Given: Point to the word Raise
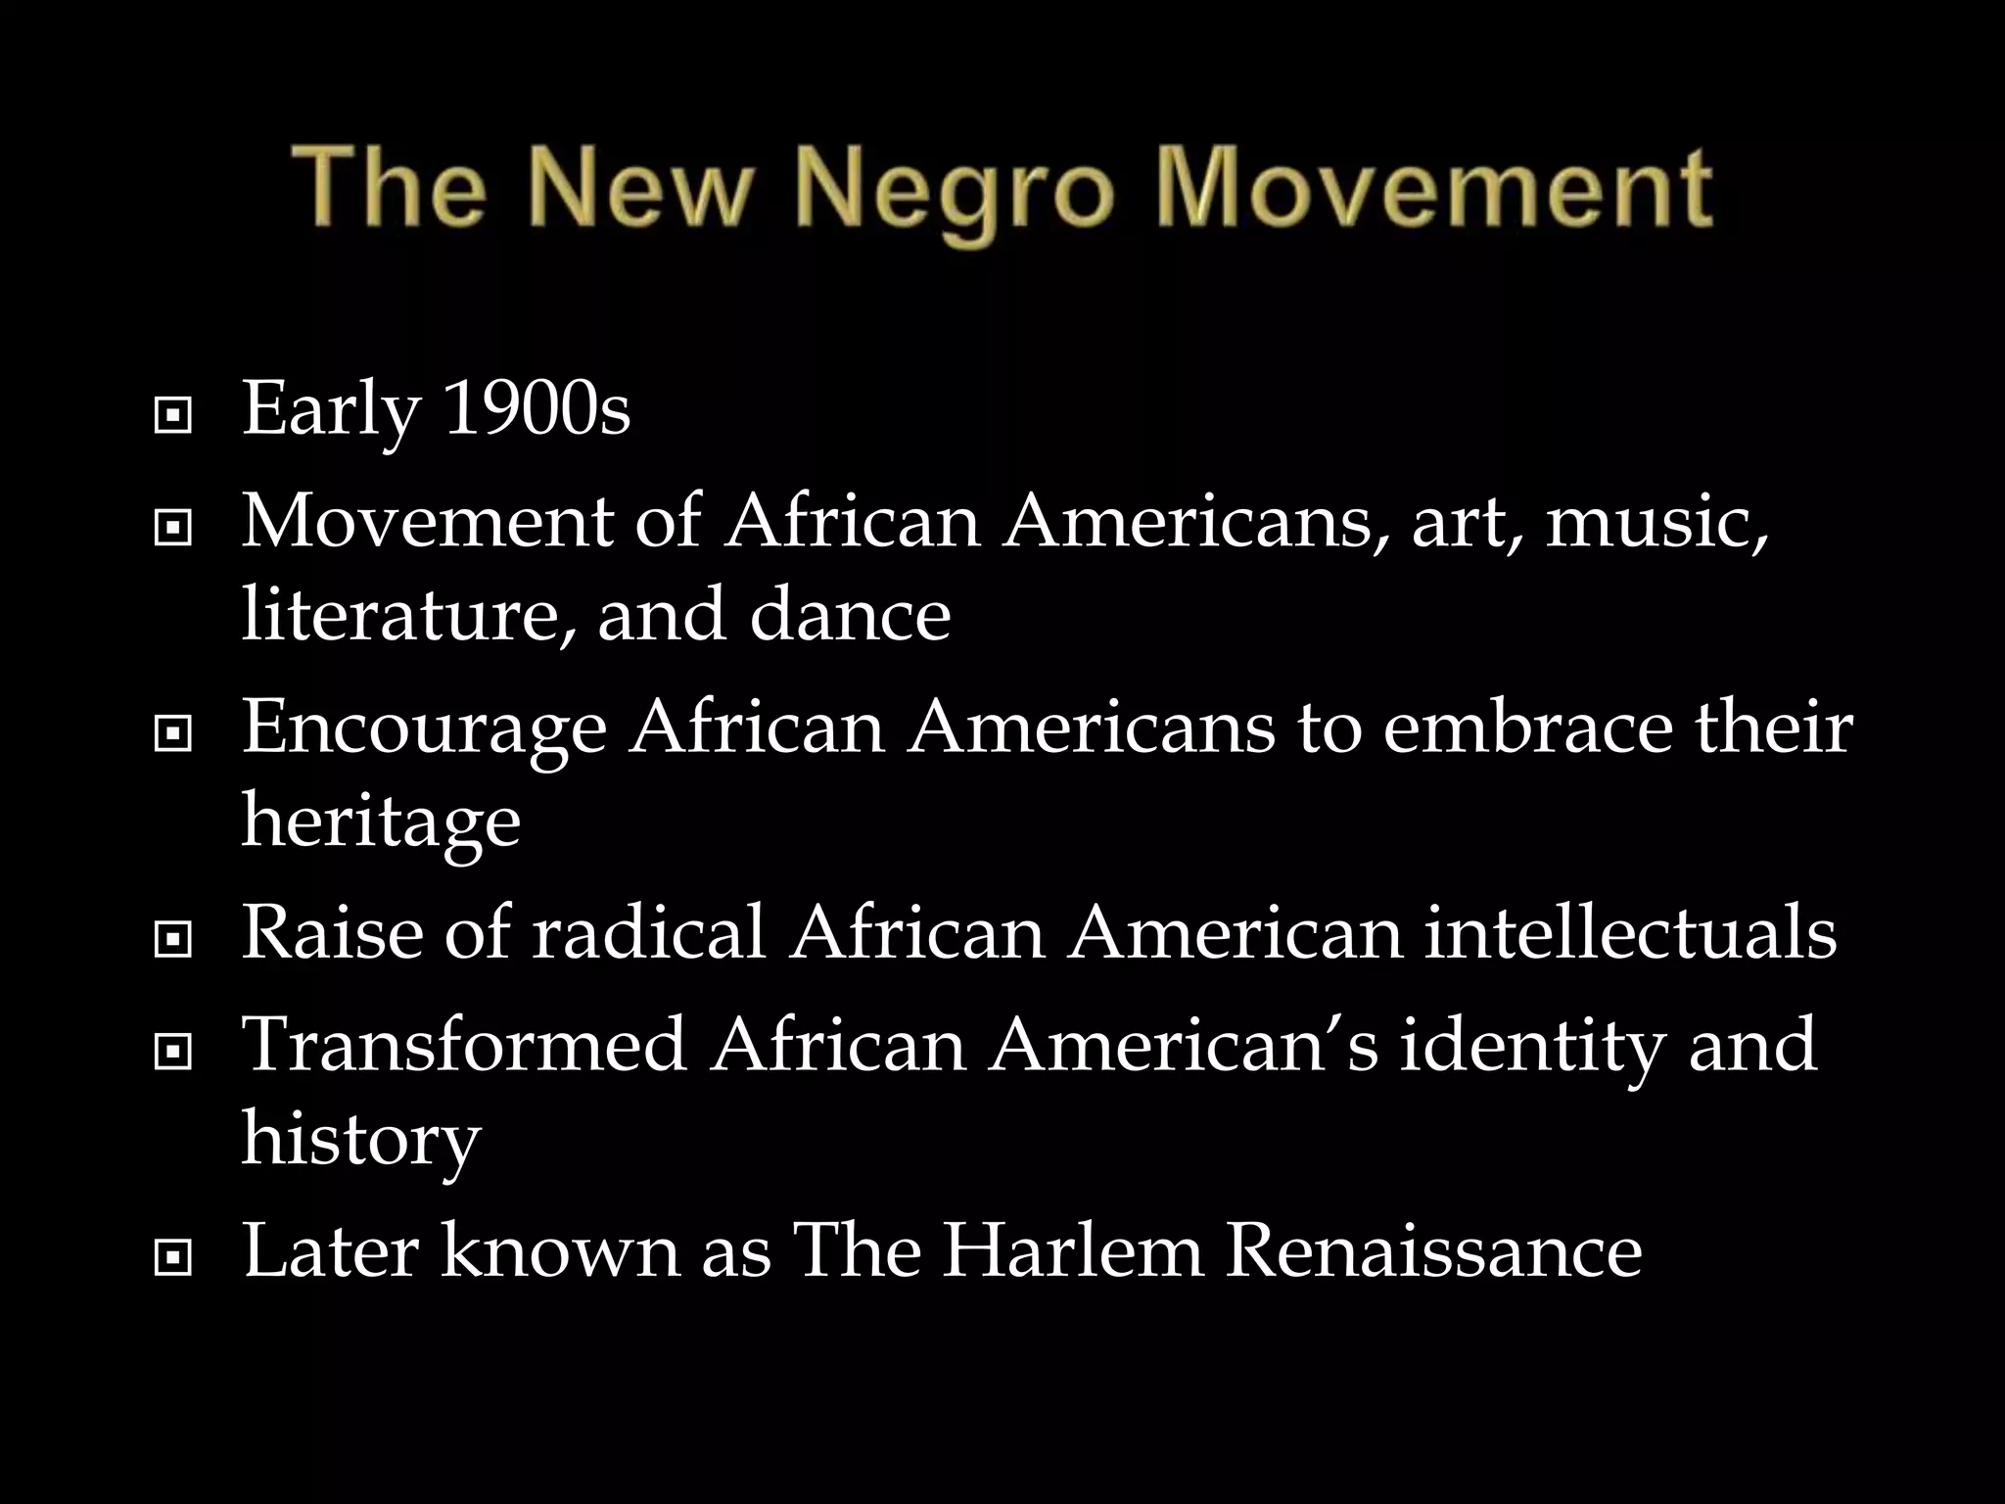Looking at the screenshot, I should point(332,932).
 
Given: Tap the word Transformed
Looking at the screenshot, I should point(464,1044).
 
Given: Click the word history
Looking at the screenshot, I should point(361,1139).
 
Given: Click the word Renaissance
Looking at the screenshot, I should point(1433,1250).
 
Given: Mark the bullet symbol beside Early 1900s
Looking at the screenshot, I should point(172,417).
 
